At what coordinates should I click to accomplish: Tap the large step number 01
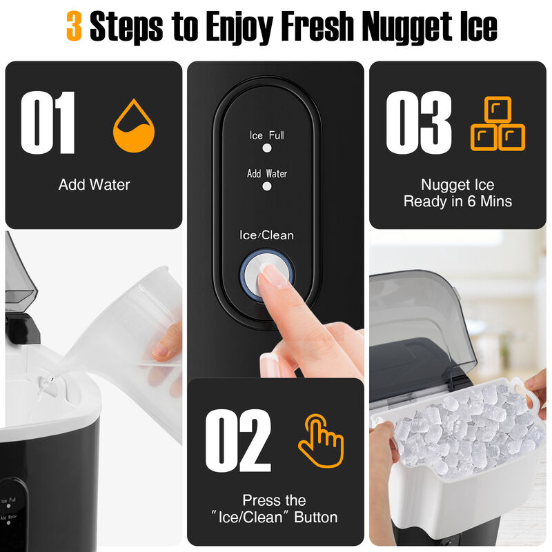click(48, 124)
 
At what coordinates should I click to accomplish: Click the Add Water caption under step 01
click(94, 184)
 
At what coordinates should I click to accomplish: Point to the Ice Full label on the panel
click(266, 135)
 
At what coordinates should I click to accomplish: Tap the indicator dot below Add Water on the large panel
click(266, 186)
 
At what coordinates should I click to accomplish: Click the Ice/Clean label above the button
click(266, 235)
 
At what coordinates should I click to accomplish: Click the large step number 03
click(418, 124)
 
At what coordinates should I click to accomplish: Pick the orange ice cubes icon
click(497, 124)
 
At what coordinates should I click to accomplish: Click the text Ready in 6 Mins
click(457, 201)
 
